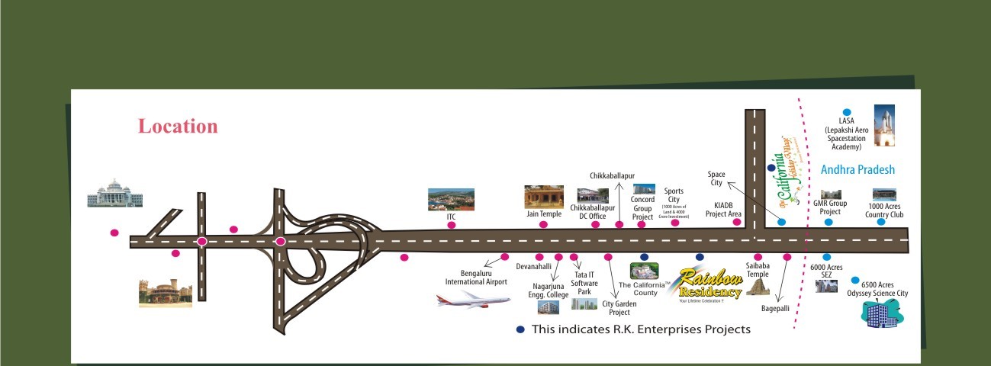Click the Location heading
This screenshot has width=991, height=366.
[x=178, y=127]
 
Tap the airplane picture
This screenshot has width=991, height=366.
[x=473, y=298]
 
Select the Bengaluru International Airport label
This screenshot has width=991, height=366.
[x=476, y=278]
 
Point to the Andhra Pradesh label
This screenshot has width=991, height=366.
[x=857, y=170]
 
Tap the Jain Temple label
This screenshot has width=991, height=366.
[x=544, y=214]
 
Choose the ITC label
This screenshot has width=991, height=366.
[x=451, y=217]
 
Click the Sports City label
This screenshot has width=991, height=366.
[x=674, y=195]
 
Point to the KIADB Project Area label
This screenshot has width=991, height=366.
[x=723, y=210]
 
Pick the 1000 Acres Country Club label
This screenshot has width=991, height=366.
[x=884, y=210]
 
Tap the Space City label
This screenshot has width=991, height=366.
[x=716, y=178]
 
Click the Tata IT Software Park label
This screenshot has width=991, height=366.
[x=584, y=283]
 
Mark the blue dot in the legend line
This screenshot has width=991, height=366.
[x=520, y=329]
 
